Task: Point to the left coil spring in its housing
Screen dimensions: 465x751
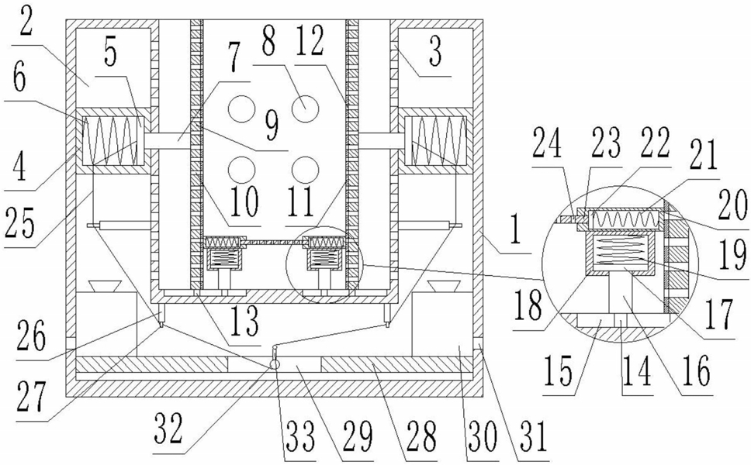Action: [113, 140]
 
